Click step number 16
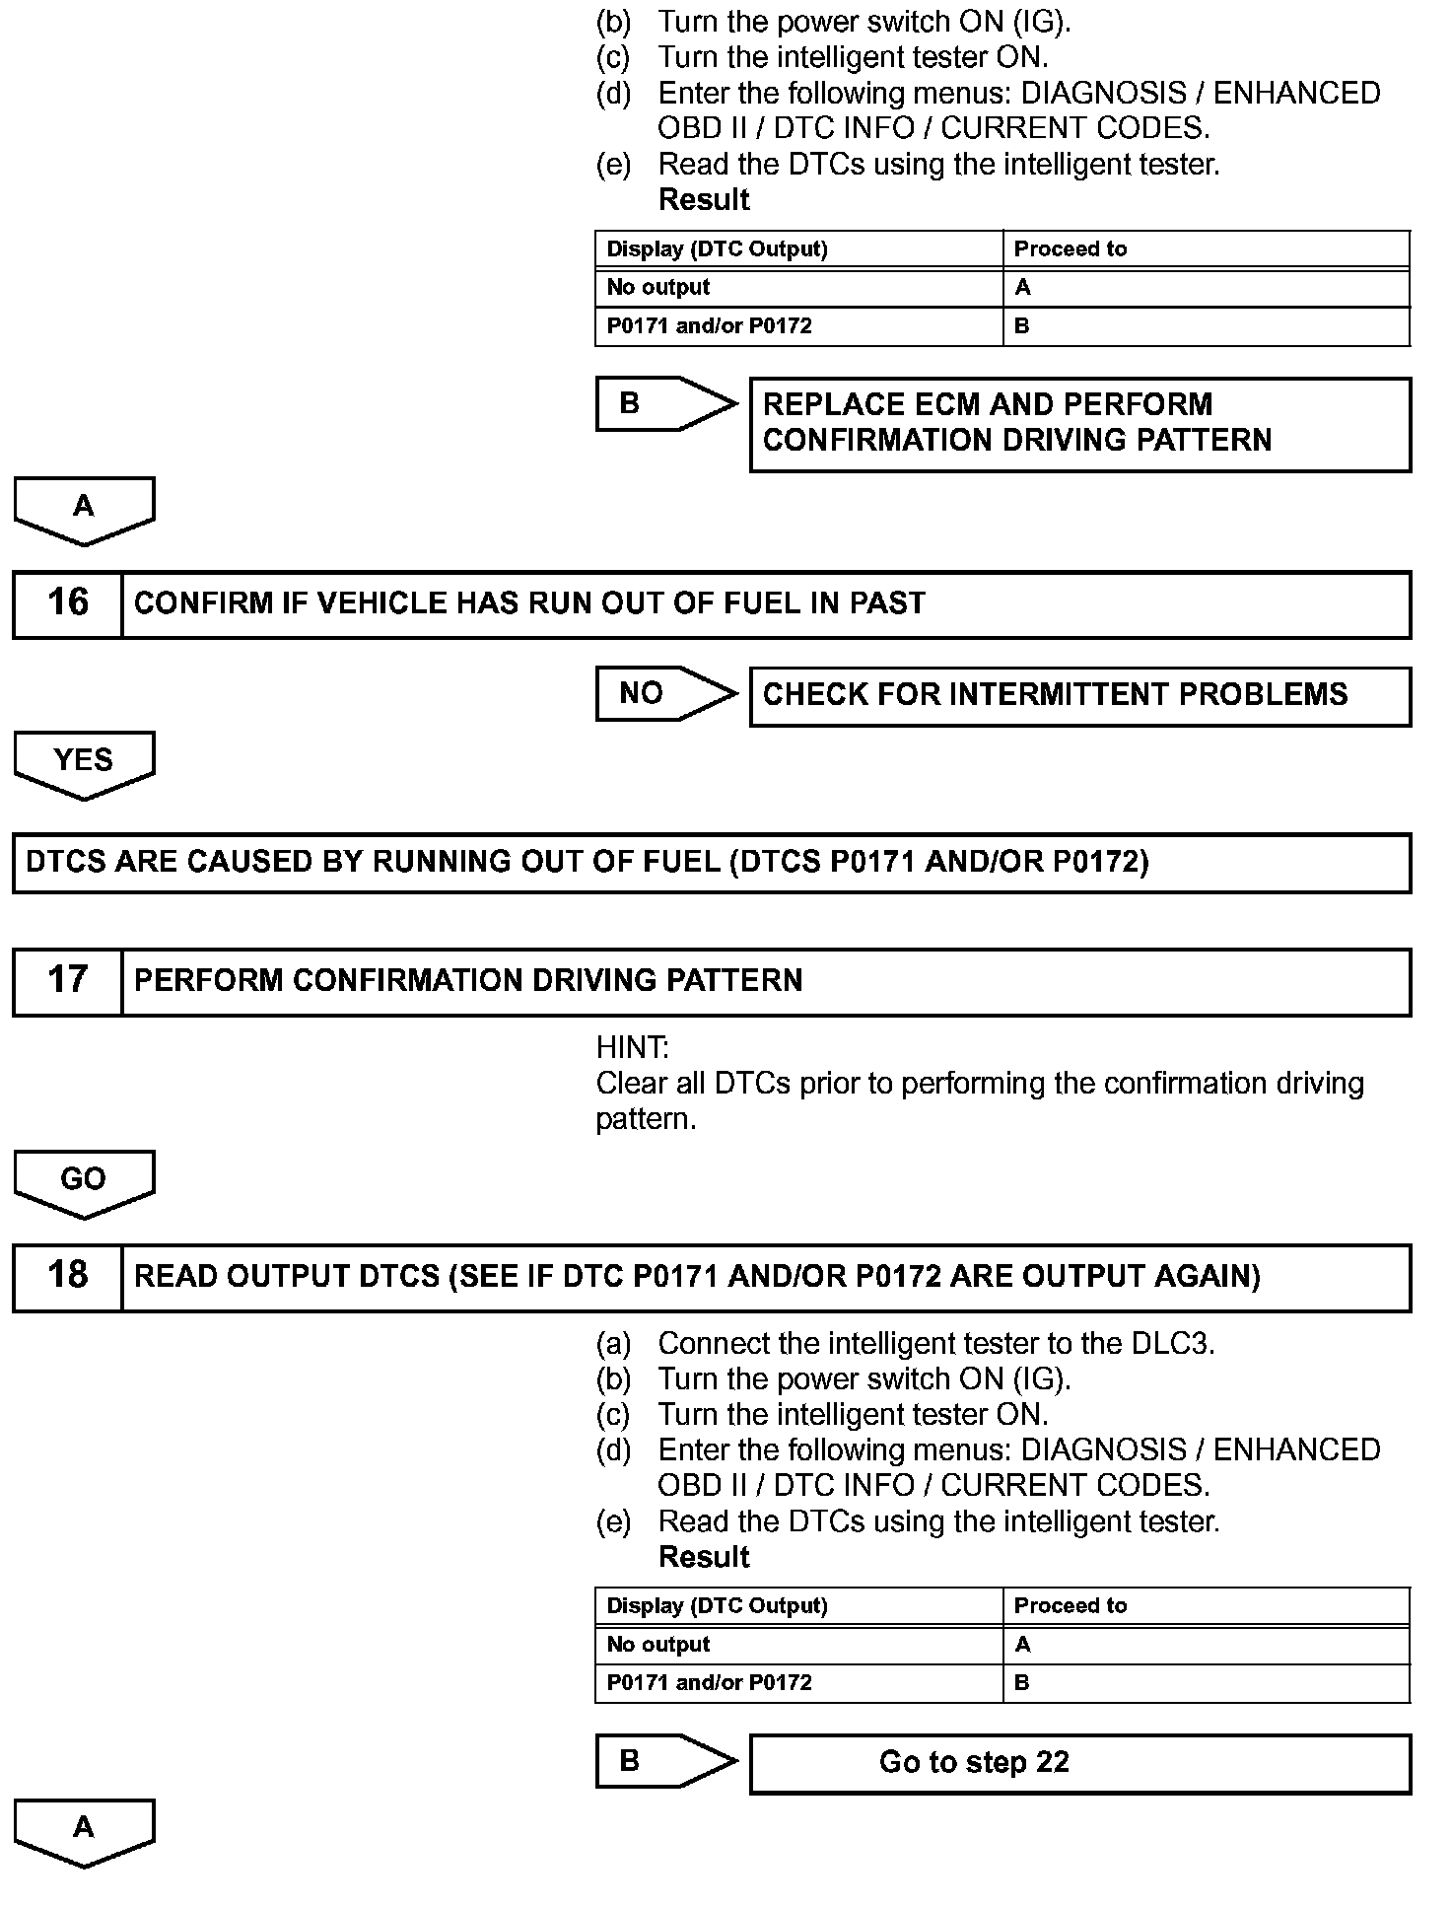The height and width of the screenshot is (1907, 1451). click(67, 602)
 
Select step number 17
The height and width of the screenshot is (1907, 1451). click(67, 980)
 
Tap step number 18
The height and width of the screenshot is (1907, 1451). click(67, 1276)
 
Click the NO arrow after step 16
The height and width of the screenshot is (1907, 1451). click(665, 693)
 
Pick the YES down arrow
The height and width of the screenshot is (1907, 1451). click(84, 763)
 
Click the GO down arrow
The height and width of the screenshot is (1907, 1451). click(84, 1182)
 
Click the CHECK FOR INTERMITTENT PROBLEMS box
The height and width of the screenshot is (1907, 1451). click(1079, 695)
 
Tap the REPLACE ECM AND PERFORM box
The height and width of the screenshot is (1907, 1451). click(1079, 423)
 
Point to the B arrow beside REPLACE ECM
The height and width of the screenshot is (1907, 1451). click(665, 403)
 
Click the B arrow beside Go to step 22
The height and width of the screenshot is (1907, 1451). click(665, 1761)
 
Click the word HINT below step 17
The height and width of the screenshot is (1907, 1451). click(632, 1047)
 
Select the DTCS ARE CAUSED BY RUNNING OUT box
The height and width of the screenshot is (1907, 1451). click(712, 863)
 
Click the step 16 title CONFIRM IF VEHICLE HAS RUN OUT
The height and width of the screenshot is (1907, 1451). click(529, 603)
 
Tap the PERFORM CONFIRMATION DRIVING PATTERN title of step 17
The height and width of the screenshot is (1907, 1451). click(468, 980)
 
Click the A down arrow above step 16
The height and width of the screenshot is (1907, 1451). click(84, 510)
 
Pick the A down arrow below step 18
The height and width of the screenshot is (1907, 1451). click(84, 1831)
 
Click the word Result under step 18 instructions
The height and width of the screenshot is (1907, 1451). click(703, 1557)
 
